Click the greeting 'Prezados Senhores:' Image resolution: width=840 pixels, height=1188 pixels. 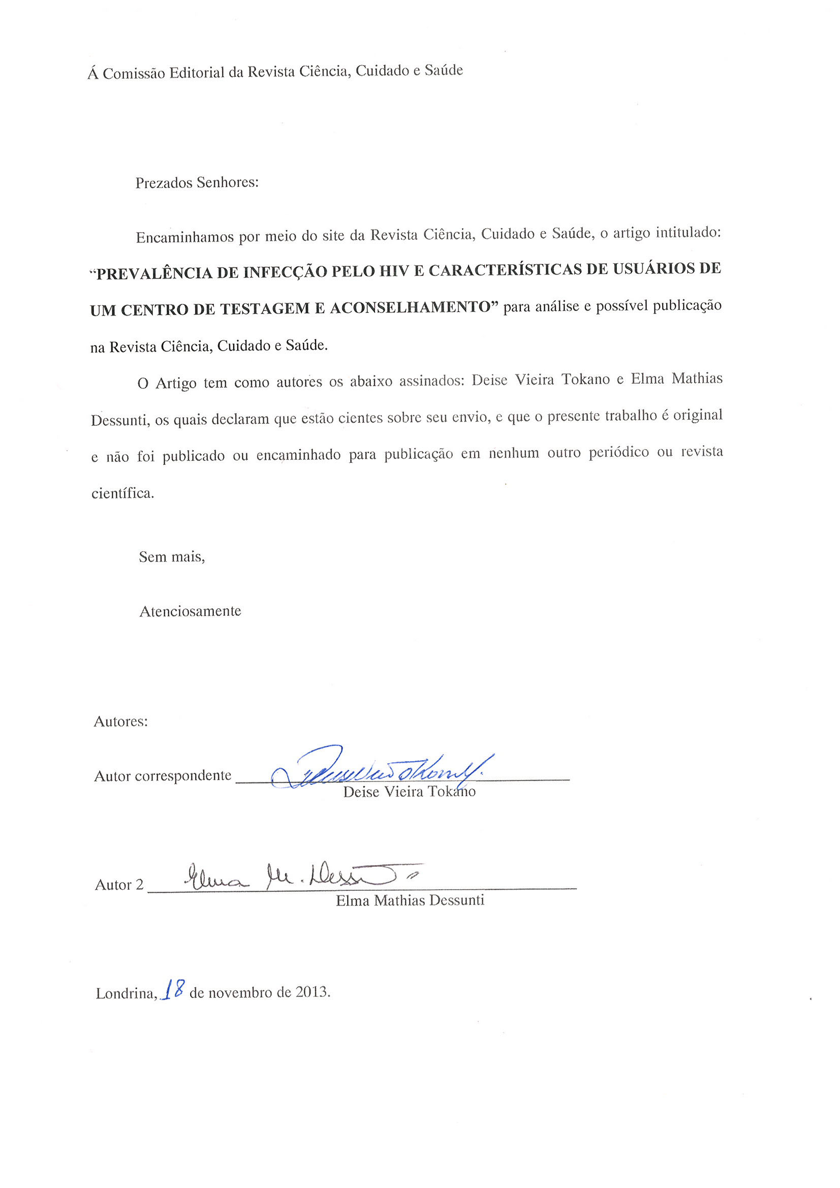197,182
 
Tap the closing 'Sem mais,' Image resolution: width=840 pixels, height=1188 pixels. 172,557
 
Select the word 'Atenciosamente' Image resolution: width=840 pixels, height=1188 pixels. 191,611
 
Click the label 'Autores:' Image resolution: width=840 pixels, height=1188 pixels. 120,722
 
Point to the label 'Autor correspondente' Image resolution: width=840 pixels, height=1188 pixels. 163,775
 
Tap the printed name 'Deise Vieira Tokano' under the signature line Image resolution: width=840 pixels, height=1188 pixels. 409,792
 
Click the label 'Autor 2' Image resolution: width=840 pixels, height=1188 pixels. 119,885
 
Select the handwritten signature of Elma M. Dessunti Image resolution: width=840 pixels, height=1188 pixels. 300,877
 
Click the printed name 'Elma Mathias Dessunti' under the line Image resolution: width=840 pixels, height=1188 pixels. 410,901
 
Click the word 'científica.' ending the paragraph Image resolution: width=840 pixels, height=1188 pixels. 122,493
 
